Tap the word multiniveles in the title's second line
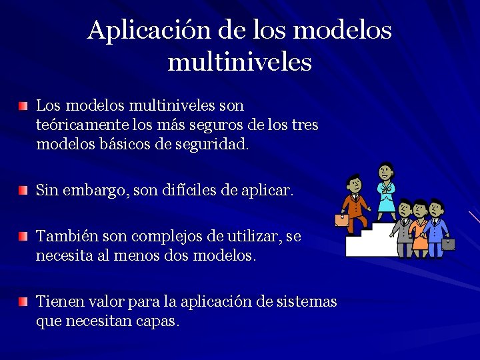pyautogui.click(x=240, y=62)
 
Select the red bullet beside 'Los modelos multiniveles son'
pyautogui.click(x=24, y=107)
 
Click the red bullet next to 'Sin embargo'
pyautogui.click(x=24, y=191)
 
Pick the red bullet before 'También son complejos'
pyautogui.click(x=24, y=237)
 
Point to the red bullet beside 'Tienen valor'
pyautogui.click(x=24, y=302)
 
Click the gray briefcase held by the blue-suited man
pyautogui.click(x=448, y=243)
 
